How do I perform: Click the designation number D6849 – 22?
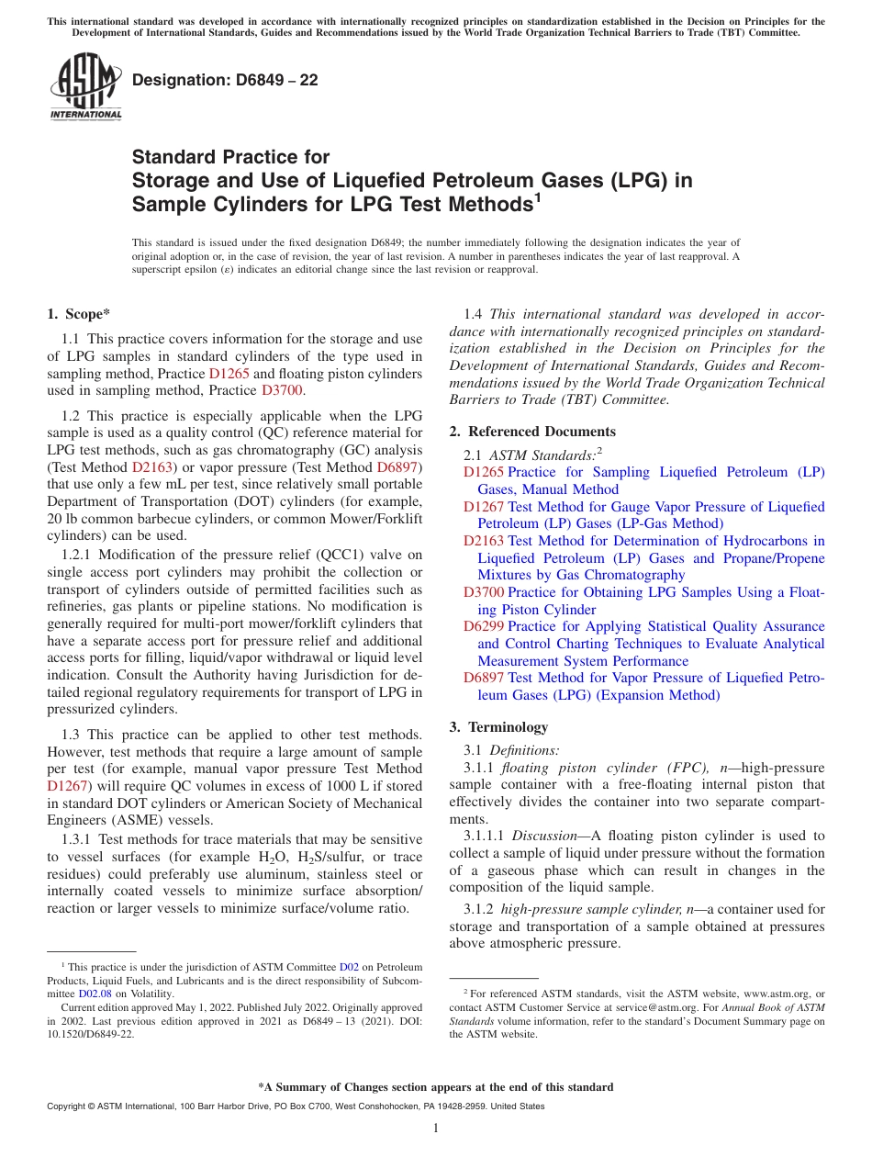225,80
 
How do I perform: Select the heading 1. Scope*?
79,314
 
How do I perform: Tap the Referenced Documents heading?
532,432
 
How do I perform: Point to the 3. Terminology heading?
498,727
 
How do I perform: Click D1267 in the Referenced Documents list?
483,507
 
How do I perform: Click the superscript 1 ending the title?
539,196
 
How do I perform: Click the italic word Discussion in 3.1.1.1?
542,837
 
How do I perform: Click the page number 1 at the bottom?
436,1129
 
